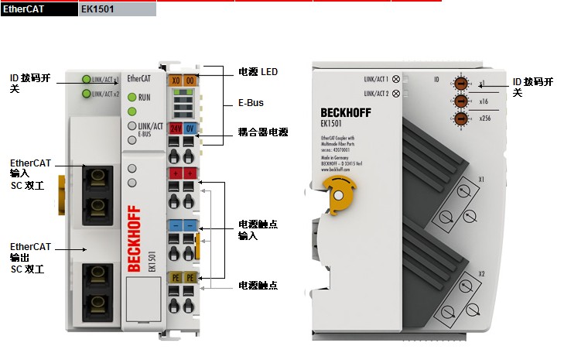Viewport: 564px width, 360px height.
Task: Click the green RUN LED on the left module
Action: pos(132,98)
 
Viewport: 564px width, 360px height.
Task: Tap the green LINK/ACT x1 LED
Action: pos(85,78)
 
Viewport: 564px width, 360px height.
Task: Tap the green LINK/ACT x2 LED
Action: pos(85,94)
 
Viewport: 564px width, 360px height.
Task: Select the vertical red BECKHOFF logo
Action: pos(133,239)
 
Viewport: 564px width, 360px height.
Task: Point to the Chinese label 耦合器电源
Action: pos(263,133)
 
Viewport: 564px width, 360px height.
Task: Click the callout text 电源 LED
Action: pos(258,72)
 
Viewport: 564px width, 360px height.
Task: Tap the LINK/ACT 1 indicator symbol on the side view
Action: pos(397,78)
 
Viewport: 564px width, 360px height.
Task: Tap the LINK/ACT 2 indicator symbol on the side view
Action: pos(397,94)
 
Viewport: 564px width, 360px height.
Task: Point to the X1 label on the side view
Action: pos(481,180)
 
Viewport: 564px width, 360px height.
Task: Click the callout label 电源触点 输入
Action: pos(258,230)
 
